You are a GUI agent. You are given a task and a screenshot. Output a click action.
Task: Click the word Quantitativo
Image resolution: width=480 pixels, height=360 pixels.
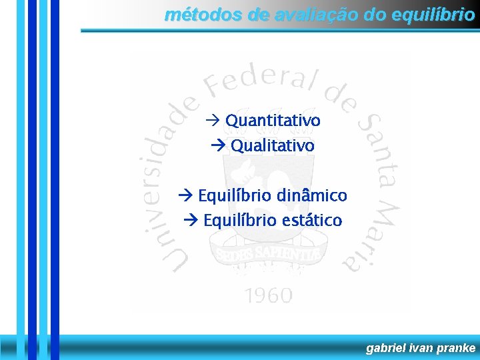(273, 121)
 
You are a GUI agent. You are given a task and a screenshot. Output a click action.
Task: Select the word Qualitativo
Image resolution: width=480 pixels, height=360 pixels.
(272, 145)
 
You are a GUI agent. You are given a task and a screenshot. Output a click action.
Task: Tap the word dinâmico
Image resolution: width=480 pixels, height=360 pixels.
(311, 195)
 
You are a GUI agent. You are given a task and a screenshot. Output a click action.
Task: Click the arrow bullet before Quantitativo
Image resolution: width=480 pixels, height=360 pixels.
(213, 121)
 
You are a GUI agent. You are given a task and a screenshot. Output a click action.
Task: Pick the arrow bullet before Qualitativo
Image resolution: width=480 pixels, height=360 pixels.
(217, 146)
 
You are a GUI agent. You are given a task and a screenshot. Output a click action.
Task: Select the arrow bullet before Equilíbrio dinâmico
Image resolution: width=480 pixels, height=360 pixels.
(186, 196)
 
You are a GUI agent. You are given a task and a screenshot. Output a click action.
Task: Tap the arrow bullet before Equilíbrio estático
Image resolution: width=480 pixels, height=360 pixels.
(191, 221)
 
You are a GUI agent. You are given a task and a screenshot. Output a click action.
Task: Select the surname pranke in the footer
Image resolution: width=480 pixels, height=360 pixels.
(457, 348)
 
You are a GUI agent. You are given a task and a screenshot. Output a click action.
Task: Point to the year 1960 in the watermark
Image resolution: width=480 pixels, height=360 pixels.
(268, 295)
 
